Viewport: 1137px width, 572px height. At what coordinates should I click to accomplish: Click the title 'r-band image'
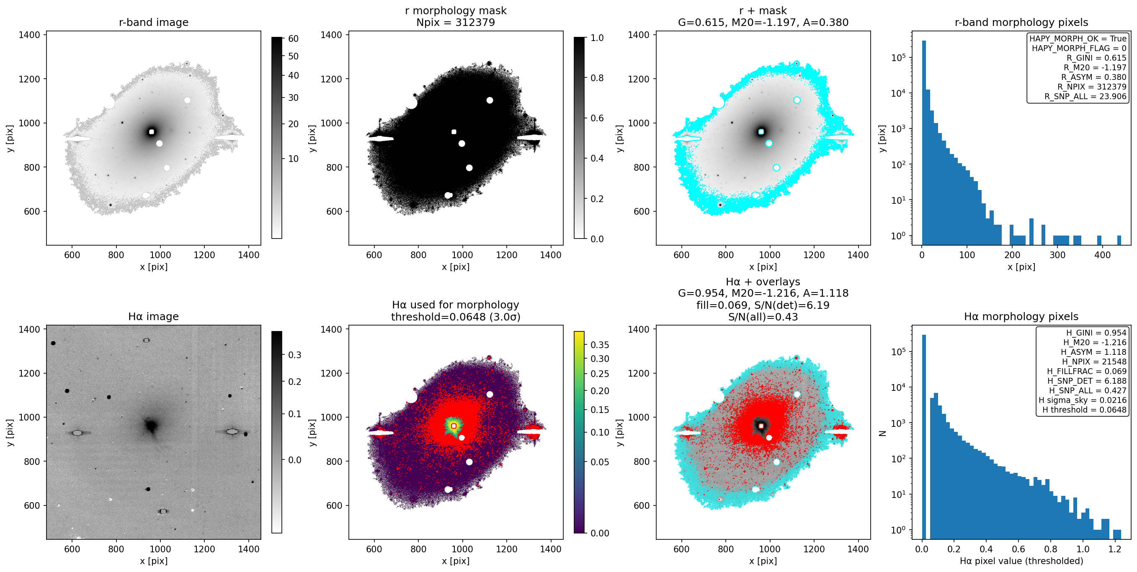click(154, 22)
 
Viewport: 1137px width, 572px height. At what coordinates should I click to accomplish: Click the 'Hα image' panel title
click(154, 316)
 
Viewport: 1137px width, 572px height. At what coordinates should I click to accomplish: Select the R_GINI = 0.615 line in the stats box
click(1096, 58)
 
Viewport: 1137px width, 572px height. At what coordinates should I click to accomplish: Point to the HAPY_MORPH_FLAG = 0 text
click(1079, 48)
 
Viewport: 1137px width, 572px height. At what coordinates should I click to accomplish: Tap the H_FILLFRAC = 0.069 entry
click(1087, 371)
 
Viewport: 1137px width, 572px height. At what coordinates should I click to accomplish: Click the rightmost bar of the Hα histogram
click(1117, 534)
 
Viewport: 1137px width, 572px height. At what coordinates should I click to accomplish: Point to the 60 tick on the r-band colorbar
click(294, 38)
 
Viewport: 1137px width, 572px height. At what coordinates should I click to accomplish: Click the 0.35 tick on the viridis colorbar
click(600, 345)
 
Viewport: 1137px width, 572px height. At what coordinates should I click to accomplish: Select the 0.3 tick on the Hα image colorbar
click(295, 355)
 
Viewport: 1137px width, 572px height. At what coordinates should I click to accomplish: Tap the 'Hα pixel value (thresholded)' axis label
click(1021, 561)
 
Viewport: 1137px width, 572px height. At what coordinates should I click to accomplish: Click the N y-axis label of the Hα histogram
click(882, 433)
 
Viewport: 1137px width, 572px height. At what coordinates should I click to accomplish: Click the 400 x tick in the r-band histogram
click(1102, 255)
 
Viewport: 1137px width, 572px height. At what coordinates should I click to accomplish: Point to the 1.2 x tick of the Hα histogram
click(1115, 549)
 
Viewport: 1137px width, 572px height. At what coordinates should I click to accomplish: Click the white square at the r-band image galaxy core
click(152, 132)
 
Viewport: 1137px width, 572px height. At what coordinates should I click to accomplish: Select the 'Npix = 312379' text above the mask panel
click(456, 22)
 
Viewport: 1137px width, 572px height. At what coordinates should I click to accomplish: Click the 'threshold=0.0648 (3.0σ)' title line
click(456, 317)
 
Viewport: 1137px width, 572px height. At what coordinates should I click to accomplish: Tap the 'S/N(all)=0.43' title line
click(763, 317)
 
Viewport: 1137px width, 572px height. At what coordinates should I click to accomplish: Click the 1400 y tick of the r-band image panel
click(29, 35)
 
